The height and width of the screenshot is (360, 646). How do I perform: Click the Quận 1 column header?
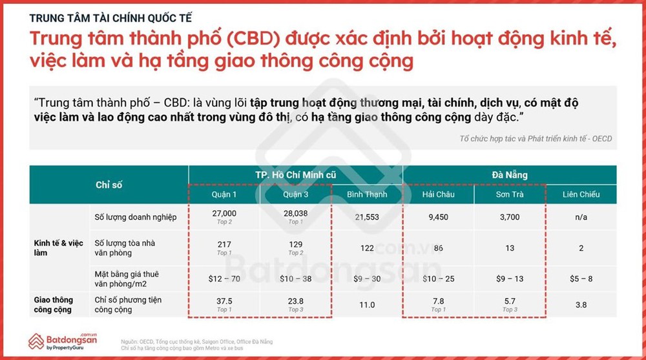point(224,195)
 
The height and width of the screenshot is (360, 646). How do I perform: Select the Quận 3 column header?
point(295,195)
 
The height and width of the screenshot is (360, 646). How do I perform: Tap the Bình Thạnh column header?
point(367,195)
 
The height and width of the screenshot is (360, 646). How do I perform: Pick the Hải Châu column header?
point(438,195)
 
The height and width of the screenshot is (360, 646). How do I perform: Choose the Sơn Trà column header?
point(509,195)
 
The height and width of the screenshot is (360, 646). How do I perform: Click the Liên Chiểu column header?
point(581,195)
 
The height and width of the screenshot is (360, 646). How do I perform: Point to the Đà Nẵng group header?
point(509,175)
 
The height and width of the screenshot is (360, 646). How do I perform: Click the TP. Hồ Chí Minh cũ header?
point(295,175)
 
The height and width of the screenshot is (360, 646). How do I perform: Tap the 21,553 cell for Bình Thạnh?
point(367,218)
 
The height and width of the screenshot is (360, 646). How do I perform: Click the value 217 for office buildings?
point(224,244)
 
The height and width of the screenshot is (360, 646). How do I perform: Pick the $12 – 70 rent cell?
point(224,279)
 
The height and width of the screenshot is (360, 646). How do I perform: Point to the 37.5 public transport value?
point(224,301)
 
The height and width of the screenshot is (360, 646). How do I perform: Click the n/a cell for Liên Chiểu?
point(581,217)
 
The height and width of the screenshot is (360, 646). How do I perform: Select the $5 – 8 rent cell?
point(581,279)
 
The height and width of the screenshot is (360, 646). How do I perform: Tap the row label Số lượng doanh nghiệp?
point(136,217)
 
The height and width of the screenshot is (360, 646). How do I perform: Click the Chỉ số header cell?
point(109,185)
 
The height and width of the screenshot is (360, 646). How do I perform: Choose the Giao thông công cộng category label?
point(54,304)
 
